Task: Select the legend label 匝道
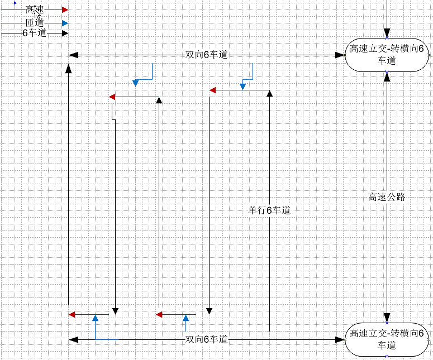coord(35,23)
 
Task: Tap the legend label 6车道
coord(34,33)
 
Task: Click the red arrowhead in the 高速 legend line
coord(65,9)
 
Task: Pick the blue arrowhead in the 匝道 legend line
coord(65,23)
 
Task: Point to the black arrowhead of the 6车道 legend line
coord(65,33)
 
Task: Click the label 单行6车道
coord(269,210)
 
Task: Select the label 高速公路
coord(387,197)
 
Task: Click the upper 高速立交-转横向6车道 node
coord(387,55)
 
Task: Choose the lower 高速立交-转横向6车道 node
coord(387,339)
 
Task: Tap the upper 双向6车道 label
coord(207,55)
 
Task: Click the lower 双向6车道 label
coord(207,339)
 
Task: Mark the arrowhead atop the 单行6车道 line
coord(269,93)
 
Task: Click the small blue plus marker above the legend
coord(15,3)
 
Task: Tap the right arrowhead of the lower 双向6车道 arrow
coord(340,339)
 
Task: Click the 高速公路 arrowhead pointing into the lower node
coord(387,318)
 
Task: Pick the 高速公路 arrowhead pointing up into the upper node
coord(387,76)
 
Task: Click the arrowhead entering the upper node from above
coord(387,33)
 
